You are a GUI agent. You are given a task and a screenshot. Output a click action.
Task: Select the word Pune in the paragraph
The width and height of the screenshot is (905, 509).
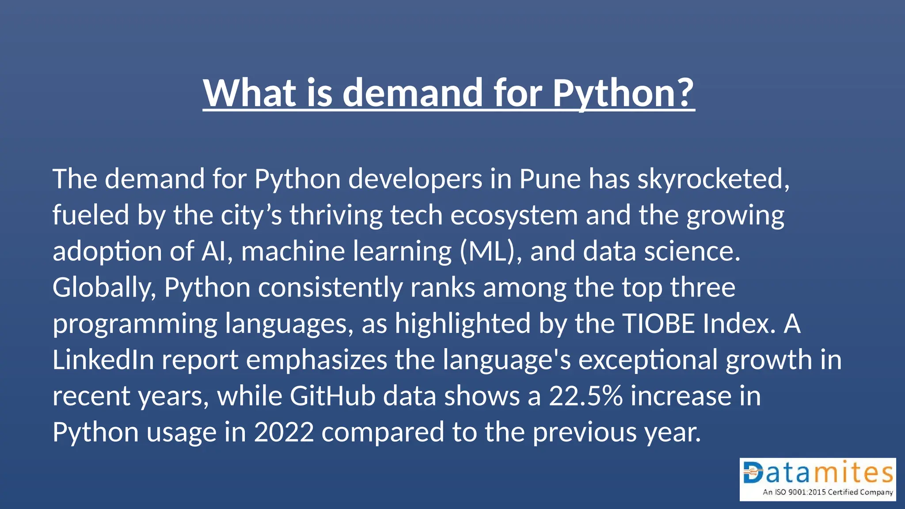pos(550,179)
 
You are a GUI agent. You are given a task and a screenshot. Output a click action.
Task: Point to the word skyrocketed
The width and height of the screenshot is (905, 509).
pos(713,179)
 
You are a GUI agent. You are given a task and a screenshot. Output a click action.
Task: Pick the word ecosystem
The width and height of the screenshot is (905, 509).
pos(514,215)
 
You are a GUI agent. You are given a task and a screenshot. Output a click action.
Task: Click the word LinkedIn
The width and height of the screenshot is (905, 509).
pos(103,360)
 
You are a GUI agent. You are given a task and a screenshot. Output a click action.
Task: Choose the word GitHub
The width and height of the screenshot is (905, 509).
pos(332,396)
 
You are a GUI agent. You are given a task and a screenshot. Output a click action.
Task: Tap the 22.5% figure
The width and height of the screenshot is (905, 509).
pos(586,396)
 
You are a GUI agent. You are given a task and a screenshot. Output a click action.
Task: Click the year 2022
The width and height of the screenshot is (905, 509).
pos(284,432)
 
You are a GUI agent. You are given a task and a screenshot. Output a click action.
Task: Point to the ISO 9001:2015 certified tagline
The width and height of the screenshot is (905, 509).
pos(827,492)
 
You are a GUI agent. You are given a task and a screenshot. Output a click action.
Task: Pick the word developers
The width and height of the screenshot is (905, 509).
pos(415,179)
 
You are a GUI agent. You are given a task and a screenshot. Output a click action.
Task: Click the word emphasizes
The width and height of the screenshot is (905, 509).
pos(316,360)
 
